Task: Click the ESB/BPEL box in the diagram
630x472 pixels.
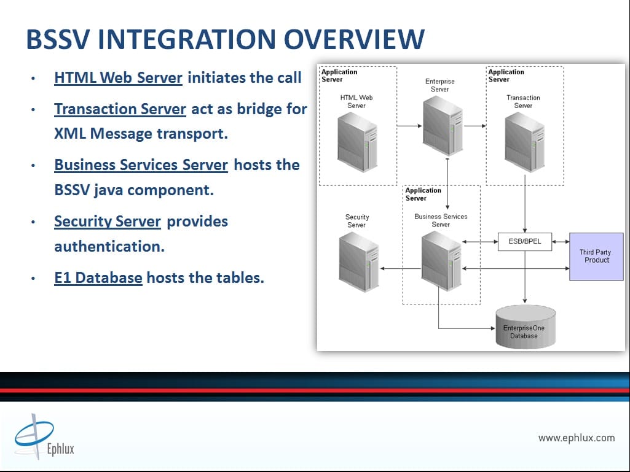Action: [525, 242]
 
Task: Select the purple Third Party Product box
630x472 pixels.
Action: [596, 257]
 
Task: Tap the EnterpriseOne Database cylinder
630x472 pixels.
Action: [526, 327]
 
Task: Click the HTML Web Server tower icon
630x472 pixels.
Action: [357, 142]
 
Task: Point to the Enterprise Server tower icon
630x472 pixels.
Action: [443, 126]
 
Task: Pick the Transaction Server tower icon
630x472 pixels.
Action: [525, 142]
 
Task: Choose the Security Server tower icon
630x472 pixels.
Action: [359, 261]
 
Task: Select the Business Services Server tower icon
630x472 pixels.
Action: [441, 261]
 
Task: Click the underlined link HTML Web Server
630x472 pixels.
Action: [118, 78]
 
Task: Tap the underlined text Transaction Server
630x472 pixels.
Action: [120, 109]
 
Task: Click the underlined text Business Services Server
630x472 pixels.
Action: [141, 165]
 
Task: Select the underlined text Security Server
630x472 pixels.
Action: [108, 222]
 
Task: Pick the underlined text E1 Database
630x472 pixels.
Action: [98, 278]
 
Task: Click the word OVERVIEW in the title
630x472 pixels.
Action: [354, 39]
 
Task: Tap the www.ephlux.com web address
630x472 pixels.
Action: [577, 438]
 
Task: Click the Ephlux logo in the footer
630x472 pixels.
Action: [44, 436]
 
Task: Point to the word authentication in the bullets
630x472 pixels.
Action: [109, 247]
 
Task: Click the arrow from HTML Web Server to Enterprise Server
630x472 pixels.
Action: [409, 126]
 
